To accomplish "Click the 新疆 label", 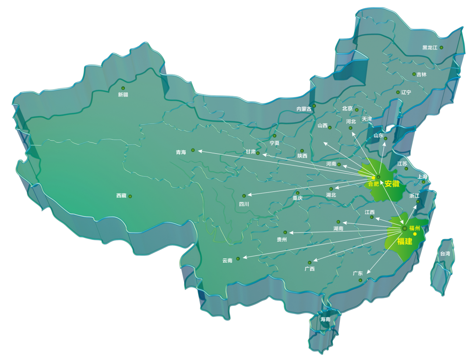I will [x=123, y=95].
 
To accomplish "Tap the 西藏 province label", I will [x=121, y=196].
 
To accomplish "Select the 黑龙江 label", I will [x=430, y=48].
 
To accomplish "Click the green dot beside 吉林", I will [x=414, y=74].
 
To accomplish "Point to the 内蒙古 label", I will [x=304, y=109].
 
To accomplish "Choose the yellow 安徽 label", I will [x=392, y=184].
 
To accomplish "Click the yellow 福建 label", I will [x=405, y=241].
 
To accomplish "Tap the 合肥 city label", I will [x=374, y=184].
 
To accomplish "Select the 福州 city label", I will [x=414, y=228].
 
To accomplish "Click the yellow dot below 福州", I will [x=415, y=234].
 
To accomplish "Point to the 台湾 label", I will [x=445, y=254].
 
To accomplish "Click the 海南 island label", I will [x=325, y=319].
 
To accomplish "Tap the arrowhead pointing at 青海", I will [x=199, y=151].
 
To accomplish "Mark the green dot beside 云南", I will [x=238, y=258].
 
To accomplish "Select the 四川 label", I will [x=244, y=204].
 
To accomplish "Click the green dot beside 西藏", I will [x=130, y=196].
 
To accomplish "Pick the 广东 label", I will [x=358, y=273].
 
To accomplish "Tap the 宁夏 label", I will [x=275, y=143].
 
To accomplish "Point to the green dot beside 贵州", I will [x=285, y=233].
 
